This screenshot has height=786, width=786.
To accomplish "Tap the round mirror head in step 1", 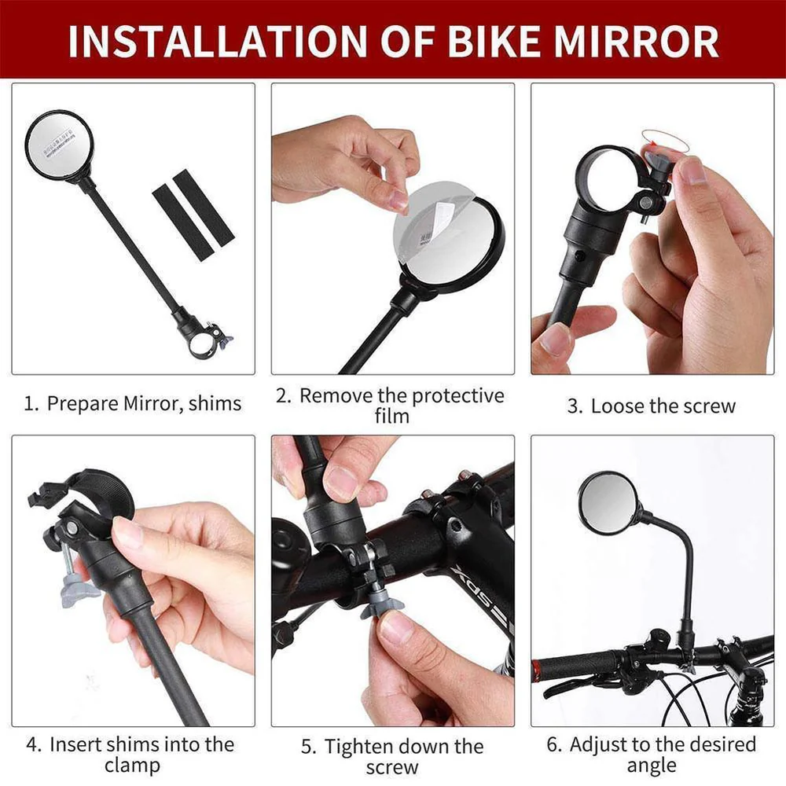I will [59, 145].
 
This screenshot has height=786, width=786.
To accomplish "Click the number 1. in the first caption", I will [31, 405].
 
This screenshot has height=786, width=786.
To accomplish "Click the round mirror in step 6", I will [609, 503].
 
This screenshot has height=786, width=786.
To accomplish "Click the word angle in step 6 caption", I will [652, 765].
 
